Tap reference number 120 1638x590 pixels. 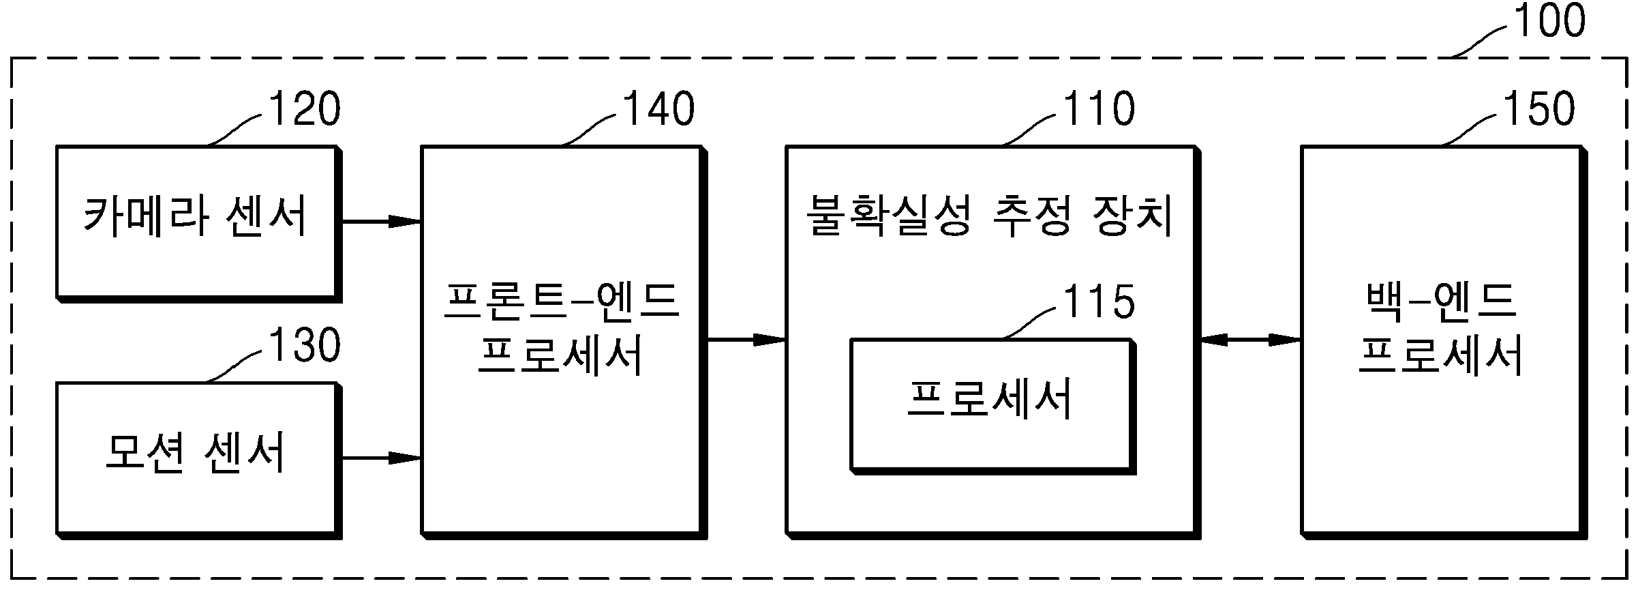pos(305,109)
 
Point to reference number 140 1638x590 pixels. pos(658,109)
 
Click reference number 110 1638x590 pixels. pos(1098,109)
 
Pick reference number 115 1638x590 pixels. pos(1098,301)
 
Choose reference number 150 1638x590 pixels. pos(1538,109)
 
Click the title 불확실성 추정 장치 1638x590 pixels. pos(990,216)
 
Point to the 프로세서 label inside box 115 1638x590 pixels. pos(990,398)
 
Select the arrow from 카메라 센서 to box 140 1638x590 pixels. pos(381,222)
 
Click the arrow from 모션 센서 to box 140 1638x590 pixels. pos(381,458)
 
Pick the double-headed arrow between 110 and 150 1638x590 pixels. pos(1250,339)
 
